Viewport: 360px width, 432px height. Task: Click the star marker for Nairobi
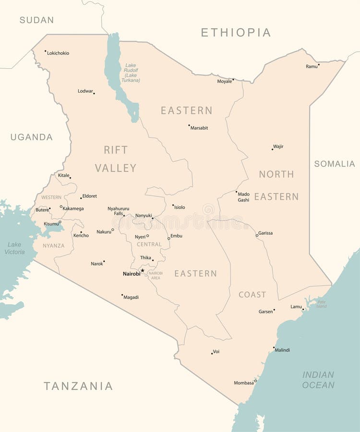point(143,271)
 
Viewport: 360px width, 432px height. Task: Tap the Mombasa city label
point(243,383)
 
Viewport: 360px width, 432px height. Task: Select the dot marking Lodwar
point(94,93)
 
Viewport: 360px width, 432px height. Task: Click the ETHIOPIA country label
point(236,33)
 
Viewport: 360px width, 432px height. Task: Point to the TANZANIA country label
point(78,386)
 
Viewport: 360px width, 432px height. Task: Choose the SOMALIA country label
point(335,164)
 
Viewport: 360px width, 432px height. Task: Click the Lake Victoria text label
point(14,248)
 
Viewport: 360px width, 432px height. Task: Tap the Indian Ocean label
point(318,380)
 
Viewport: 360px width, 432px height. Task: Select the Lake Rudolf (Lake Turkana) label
point(131,73)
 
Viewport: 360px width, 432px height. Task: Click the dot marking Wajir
point(272,149)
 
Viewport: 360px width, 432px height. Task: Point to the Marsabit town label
point(199,128)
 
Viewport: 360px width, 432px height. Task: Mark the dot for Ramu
point(319,64)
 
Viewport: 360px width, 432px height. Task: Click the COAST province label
point(252,295)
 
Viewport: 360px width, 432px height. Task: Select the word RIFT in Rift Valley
point(116,150)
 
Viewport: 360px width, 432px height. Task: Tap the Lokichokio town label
point(58,53)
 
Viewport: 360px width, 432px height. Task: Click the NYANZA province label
point(53,246)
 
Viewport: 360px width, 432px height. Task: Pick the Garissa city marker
point(257,235)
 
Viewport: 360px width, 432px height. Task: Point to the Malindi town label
point(282,350)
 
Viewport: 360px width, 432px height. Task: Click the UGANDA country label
point(32,137)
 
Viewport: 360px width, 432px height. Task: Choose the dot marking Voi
point(212,353)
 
